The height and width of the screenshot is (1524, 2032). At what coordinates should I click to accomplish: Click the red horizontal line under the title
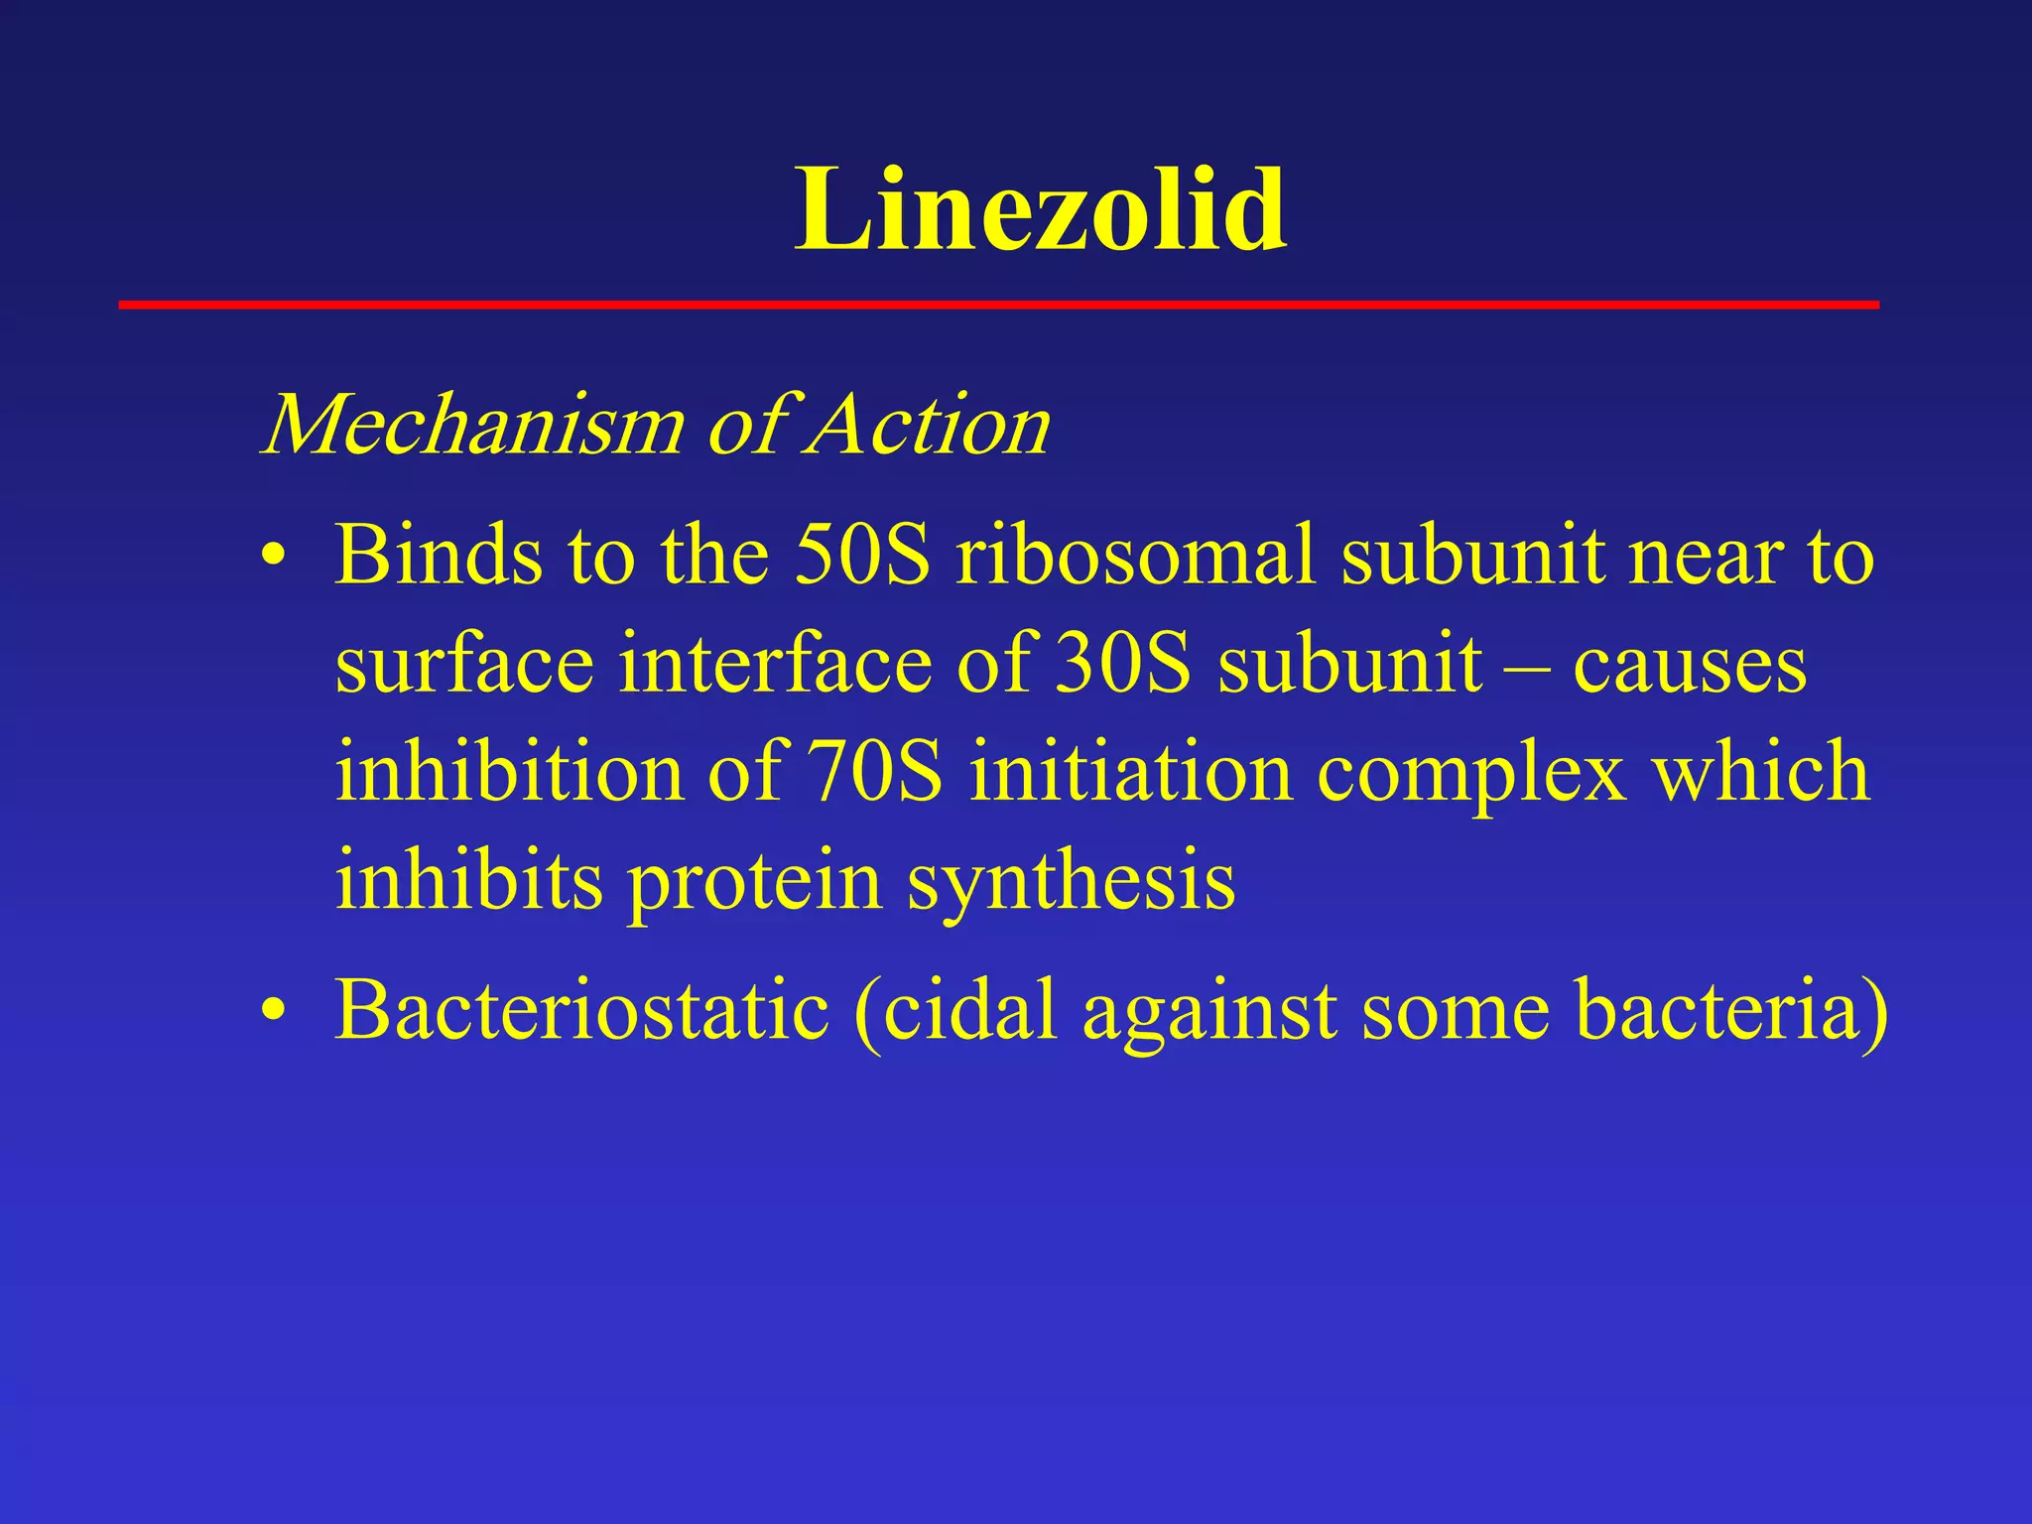[998, 305]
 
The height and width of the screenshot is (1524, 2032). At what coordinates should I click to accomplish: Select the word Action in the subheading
[929, 425]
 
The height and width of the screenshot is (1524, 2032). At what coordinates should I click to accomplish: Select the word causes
[1690, 665]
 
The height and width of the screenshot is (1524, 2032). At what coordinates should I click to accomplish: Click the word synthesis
[1071, 882]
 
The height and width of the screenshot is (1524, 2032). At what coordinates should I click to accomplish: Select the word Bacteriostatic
[581, 1009]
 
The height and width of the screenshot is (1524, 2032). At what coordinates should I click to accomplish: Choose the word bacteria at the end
[1716, 1009]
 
